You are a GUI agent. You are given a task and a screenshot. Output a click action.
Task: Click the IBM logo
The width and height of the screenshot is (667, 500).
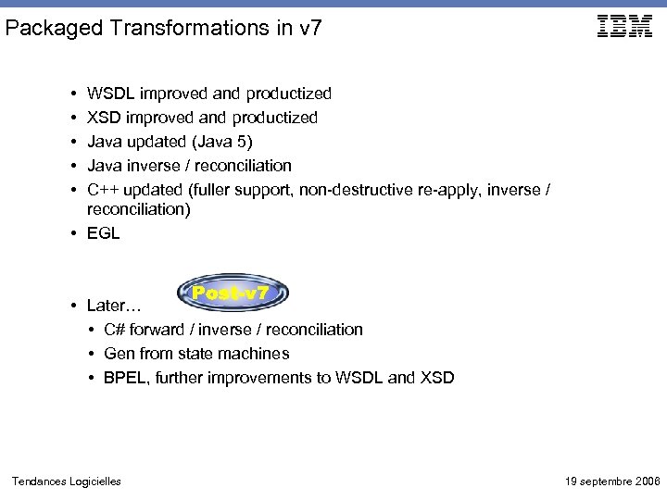tap(625, 27)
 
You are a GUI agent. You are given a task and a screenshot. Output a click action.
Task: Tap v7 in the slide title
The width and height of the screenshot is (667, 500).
tap(311, 29)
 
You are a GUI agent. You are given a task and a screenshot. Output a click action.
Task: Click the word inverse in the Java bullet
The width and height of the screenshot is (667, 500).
tap(152, 166)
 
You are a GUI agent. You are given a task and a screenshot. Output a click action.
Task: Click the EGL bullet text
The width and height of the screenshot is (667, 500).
tap(103, 234)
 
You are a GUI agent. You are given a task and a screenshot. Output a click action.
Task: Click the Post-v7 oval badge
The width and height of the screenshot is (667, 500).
tap(232, 294)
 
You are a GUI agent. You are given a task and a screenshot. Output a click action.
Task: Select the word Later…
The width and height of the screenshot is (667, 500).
tap(114, 306)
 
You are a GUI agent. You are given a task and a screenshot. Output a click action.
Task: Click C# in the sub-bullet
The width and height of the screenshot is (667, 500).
tap(115, 330)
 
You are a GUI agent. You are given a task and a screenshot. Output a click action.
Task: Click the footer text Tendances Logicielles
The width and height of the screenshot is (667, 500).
tap(66, 481)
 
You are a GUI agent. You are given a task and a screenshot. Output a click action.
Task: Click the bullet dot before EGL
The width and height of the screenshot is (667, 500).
tap(72, 234)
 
